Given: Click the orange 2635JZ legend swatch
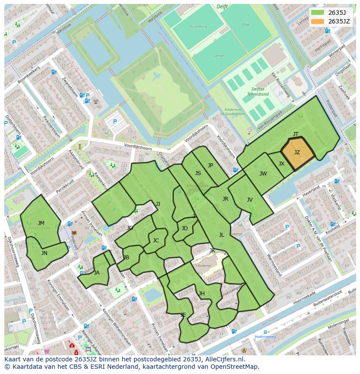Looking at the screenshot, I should click(317, 21).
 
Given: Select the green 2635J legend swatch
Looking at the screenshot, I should click(317, 13).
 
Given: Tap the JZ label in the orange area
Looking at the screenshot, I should click(297, 152).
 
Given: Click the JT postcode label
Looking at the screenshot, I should click(296, 134).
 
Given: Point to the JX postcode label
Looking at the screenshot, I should click(281, 164).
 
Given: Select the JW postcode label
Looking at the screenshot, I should click(263, 174).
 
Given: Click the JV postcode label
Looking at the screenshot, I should click(250, 200).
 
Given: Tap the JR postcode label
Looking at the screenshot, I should click(225, 199).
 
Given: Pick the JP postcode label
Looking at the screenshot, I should click(210, 165).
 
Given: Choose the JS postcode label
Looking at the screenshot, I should click(198, 173).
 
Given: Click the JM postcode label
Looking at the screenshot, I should click(41, 223).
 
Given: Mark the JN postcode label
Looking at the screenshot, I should click(44, 253).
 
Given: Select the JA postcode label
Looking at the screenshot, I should click(97, 273).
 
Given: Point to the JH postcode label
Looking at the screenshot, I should click(202, 294).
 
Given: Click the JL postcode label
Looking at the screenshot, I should click(221, 235).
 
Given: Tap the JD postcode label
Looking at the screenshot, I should click(185, 228).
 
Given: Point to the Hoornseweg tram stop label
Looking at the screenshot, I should click(265, 337).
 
